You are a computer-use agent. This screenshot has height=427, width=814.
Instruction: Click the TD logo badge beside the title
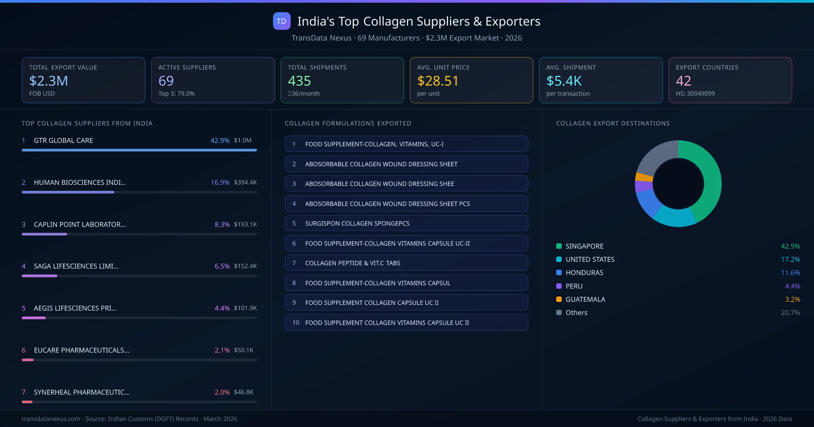pos(282,21)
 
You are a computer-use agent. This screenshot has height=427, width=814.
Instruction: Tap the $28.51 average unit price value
pos(438,81)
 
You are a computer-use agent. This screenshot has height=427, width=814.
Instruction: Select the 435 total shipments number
pos(299,81)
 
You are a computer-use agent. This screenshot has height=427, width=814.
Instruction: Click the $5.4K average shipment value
pos(564,81)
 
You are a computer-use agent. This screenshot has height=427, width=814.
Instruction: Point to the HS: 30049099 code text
pos(695,94)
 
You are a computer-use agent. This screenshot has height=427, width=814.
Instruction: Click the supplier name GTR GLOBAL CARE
pos(63,140)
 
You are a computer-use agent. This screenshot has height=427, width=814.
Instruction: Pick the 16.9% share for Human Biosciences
pos(220,182)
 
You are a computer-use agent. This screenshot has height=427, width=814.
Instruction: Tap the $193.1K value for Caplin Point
pos(245,224)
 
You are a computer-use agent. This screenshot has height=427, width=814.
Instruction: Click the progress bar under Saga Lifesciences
pos(139,276)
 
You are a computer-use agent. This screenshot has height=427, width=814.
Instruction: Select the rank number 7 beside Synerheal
pos(23,392)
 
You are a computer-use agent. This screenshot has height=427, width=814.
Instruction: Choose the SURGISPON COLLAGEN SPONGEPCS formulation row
pos(406,223)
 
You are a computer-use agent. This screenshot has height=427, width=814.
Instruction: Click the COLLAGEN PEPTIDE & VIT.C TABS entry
pos(406,263)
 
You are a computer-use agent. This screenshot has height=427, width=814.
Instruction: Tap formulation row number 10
pos(406,323)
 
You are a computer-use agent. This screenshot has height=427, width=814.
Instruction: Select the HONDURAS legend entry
pos(584,272)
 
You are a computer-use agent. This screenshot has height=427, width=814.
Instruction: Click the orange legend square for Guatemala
pos(559,299)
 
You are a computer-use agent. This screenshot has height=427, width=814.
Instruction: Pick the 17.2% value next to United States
pos(790,259)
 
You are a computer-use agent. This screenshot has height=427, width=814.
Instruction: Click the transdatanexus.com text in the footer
pos(51,419)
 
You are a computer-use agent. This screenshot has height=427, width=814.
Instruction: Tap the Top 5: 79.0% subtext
pos(176,94)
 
